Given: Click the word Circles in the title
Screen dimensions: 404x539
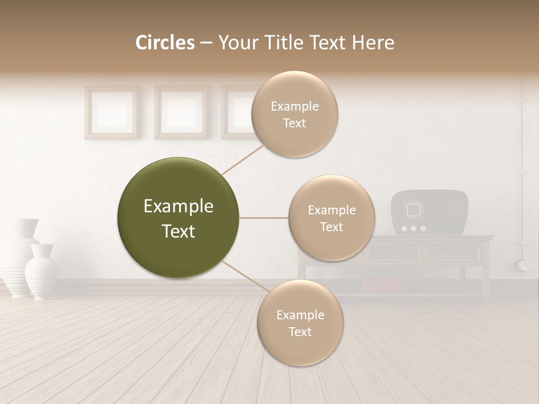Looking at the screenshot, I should pyautogui.click(x=165, y=43).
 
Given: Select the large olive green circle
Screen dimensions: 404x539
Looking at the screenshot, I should pyautogui.click(x=178, y=218).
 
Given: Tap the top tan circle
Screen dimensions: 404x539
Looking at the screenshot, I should pyautogui.click(x=294, y=114).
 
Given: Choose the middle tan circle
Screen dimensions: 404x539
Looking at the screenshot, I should pyautogui.click(x=331, y=218).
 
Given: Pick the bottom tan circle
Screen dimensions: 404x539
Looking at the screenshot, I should pyautogui.click(x=300, y=323).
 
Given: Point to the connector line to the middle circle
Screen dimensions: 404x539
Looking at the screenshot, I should pyautogui.click(x=264, y=218).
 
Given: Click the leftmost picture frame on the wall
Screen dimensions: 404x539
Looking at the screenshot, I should pyautogui.click(x=111, y=112).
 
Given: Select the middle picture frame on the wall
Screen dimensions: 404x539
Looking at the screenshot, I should pyautogui.click(x=181, y=112).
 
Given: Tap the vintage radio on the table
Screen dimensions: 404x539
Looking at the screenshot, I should pyautogui.click(x=430, y=213).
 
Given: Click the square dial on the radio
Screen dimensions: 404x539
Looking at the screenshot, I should pyautogui.click(x=414, y=210).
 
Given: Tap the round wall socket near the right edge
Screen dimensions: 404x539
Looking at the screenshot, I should pyautogui.click(x=524, y=265).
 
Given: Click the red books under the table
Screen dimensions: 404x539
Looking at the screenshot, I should pyautogui.click(x=382, y=285).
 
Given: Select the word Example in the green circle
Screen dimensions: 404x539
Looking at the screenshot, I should pyautogui.click(x=178, y=206).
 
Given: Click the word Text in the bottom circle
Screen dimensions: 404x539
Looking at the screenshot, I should pyautogui.click(x=300, y=332).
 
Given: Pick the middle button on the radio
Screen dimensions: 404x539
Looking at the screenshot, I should pyautogui.click(x=414, y=228).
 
